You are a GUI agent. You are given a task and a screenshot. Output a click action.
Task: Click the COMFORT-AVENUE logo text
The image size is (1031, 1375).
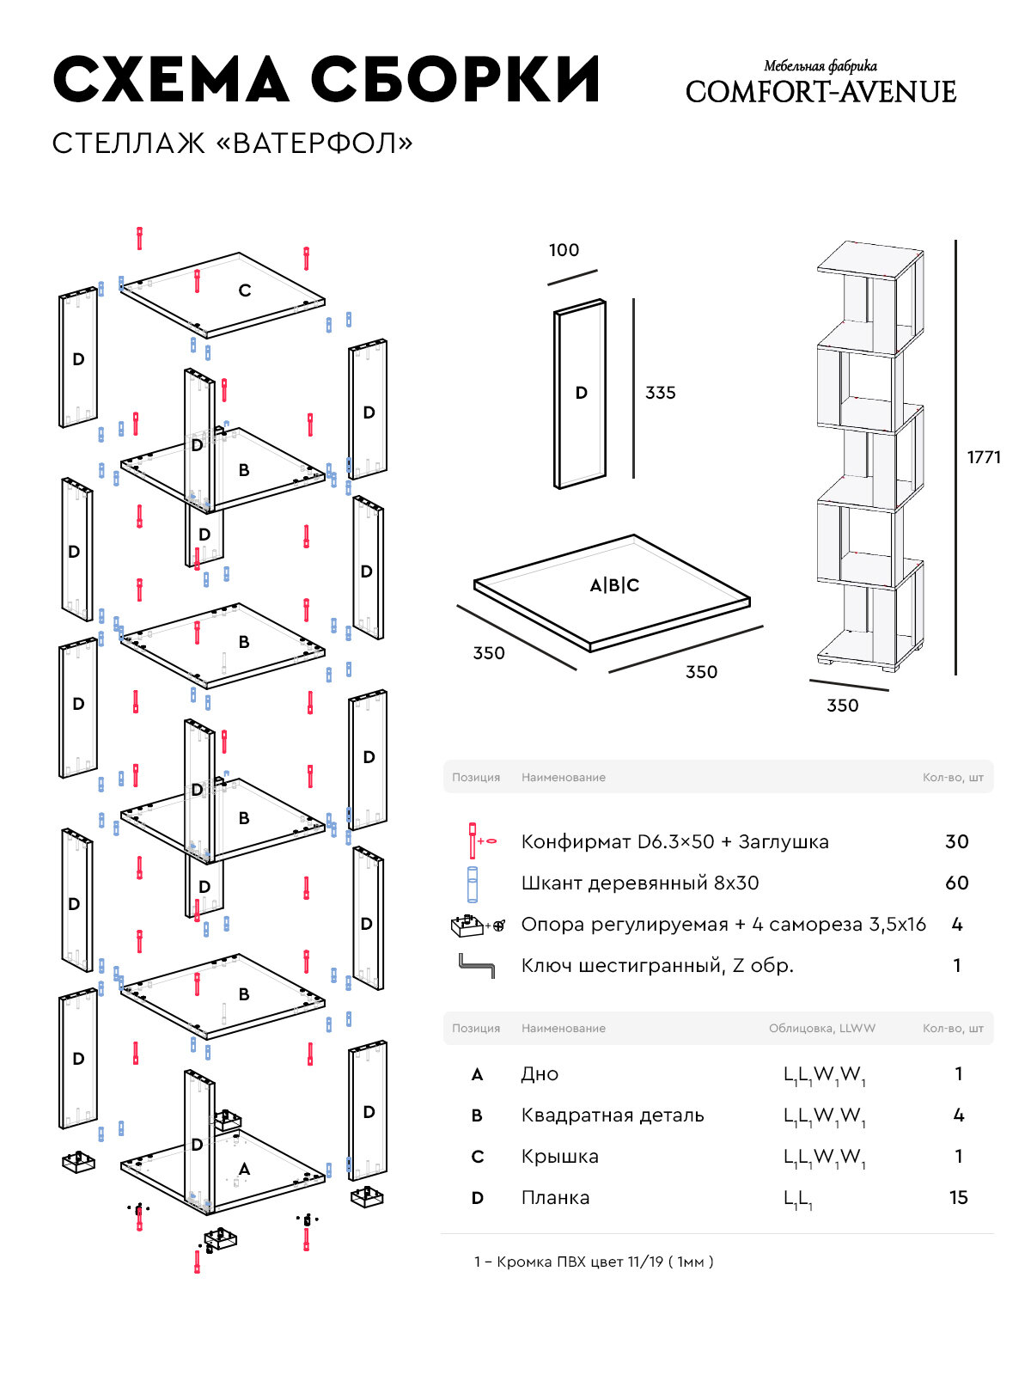(x=821, y=92)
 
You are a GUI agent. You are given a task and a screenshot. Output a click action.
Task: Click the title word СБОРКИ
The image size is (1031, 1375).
(x=455, y=81)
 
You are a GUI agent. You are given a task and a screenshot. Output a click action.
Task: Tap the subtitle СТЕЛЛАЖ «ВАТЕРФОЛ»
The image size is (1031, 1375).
(x=232, y=144)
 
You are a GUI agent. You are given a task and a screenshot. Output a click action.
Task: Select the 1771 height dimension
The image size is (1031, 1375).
(x=984, y=457)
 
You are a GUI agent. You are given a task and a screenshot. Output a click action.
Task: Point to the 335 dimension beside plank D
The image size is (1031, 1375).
(x=661, y=393)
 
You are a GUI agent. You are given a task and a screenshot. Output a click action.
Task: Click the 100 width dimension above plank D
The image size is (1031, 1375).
(x=564, y=250)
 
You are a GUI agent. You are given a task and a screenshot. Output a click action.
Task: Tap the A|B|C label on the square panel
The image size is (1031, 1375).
(x=614, y=585)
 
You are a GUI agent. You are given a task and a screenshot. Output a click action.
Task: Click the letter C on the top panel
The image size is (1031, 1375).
(x=245, y=290)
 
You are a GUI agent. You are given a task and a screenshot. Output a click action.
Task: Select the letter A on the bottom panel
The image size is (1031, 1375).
(x=245, y=1169)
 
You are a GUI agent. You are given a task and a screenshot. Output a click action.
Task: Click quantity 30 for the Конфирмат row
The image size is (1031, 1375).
(x=957, y=841)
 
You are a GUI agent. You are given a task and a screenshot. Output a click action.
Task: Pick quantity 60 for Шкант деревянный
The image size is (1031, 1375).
(x=957, y=883)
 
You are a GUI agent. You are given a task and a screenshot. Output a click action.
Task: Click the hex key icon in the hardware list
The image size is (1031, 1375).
(x=476, y=966)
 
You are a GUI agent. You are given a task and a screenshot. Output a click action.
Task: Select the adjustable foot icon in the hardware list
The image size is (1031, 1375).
(x=471, y=925)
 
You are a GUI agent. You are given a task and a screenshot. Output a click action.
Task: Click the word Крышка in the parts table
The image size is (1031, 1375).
(x=559, y=1157)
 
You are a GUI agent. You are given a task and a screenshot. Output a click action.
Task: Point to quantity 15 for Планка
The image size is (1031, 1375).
(x=959, y=1197)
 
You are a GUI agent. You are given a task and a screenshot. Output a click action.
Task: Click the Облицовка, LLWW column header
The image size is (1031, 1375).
(x=821, y=1028)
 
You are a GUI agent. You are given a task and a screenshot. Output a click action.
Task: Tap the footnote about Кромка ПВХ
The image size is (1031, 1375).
(x=594, y=1262)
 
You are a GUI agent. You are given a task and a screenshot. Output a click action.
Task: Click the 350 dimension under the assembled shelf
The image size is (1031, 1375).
(x=842, y=706)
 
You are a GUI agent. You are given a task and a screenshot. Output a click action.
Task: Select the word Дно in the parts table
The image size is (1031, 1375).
(x=540, y=1074)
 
